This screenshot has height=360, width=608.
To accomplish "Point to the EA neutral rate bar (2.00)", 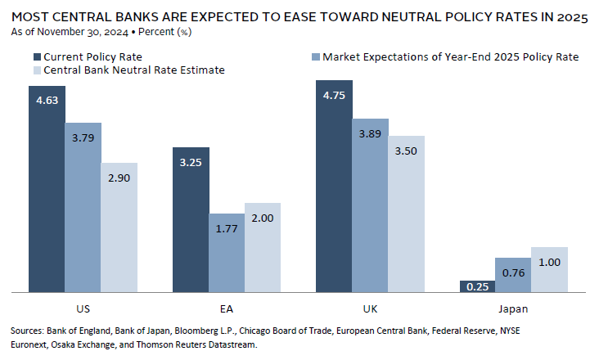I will click(263, 247).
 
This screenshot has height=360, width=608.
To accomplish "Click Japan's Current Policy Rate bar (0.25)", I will click(478, 286).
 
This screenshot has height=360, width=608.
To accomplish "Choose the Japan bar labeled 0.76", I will click(514, 274).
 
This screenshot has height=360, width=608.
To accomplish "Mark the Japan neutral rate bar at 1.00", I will click(550, 269).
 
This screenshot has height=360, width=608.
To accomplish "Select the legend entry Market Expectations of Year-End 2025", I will click(451, 56).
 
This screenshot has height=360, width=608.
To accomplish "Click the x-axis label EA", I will click(227, 309).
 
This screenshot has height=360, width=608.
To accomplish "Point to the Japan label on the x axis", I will click(514, 309).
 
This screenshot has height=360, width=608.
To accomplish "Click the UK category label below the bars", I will click(370, 309).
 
